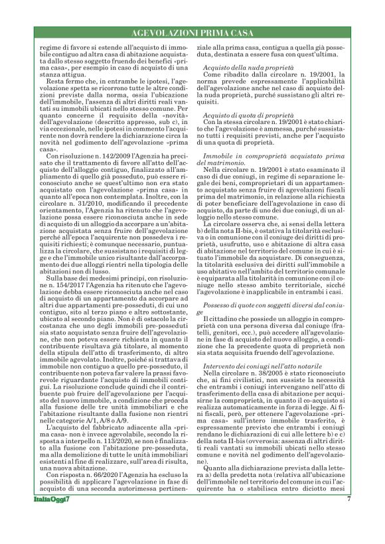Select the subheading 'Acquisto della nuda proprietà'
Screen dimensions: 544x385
pos(244,68)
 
